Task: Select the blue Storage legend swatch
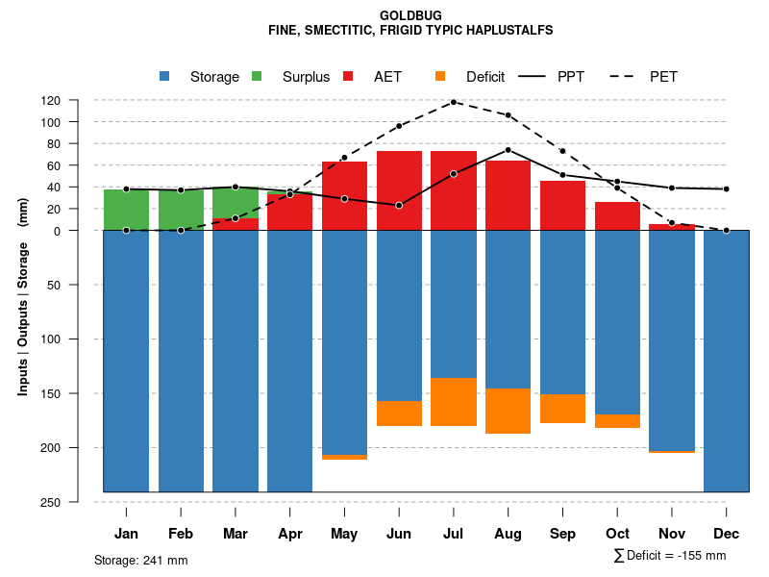(164, 76)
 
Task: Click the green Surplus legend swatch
(257, 76)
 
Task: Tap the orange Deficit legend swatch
(440, 76)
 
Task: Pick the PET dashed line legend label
(663, 77)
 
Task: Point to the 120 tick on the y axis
(77, 100)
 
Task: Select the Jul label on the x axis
(454, 534)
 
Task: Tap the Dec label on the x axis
(726, 534)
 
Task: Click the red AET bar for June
(399, 190)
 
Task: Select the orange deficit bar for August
(509, 411)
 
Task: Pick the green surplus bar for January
(126, 210)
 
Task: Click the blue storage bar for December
(726, 361)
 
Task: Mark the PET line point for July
(454, 102)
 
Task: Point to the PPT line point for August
(509, 150)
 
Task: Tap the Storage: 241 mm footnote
(140, 560)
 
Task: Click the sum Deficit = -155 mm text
(670, 556)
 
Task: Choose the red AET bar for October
(617, 216)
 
